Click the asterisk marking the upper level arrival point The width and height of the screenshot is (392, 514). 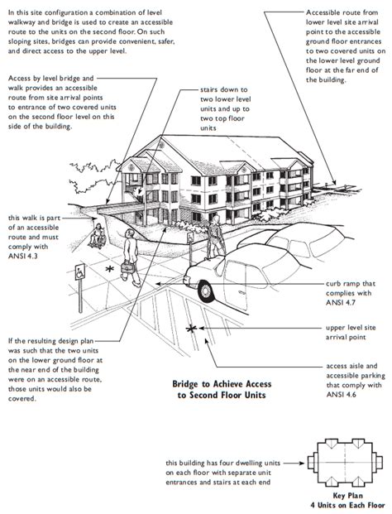point(193,331)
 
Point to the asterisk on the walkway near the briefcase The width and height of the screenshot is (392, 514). point(108,269)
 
